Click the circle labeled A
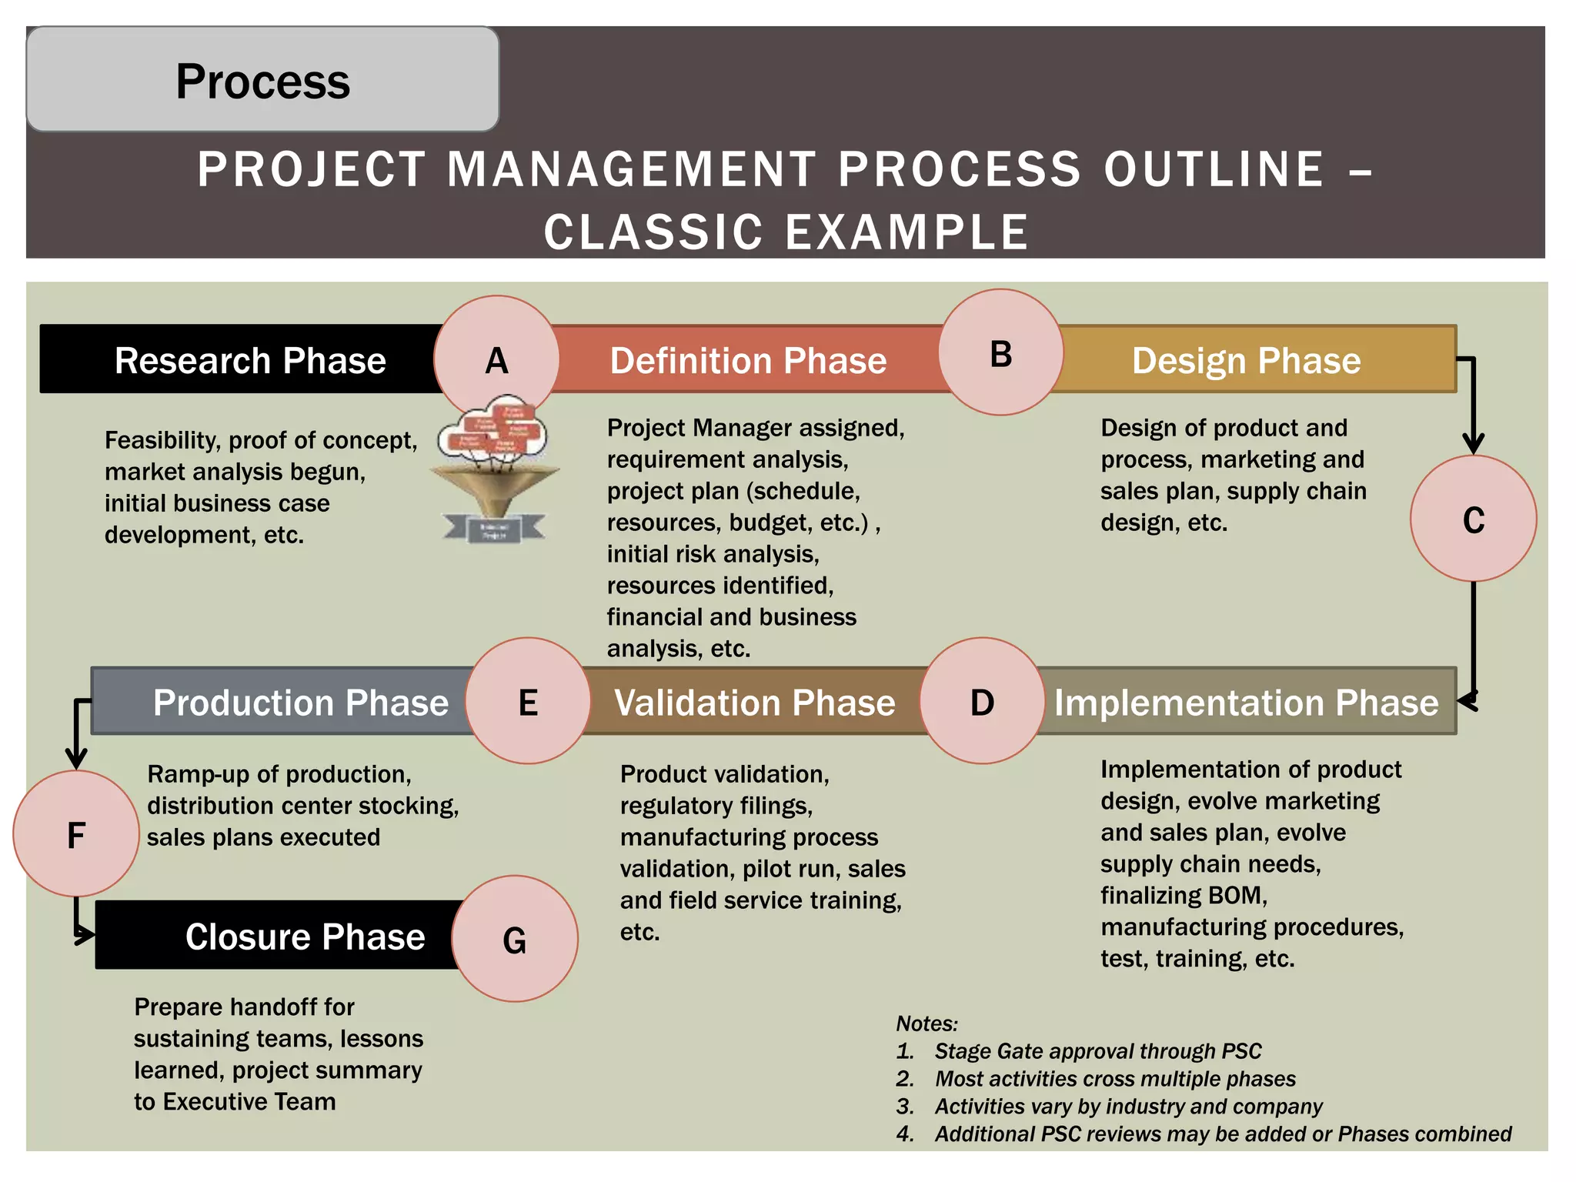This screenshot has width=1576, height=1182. click(496, 359)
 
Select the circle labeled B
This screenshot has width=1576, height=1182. click(1000, 353)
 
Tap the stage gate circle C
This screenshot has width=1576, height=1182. click(1473, 519)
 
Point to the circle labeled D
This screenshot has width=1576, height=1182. click(982, 701)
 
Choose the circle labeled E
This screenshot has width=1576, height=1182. click(528, 701)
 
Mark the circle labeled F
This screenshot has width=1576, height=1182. click(76, 834)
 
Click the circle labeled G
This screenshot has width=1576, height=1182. click(514, 939)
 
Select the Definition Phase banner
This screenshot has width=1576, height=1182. click(748, 359)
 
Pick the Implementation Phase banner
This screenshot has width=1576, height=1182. click(1247, 702)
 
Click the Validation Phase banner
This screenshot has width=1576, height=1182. click(754, 702)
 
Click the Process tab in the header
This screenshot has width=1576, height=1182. click(262, 80)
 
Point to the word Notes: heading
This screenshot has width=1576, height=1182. click(927, 1023)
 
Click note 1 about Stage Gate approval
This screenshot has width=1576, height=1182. click(1097, 1051)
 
